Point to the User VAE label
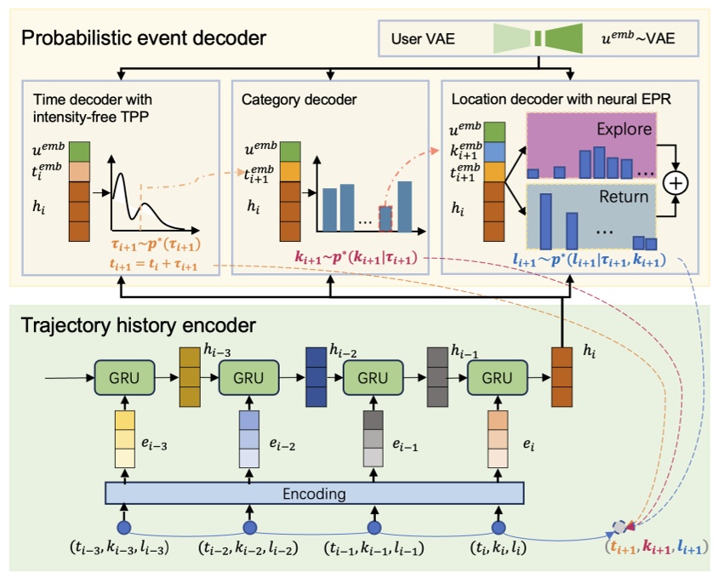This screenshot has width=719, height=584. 423,38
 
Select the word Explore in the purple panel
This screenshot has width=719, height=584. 625,130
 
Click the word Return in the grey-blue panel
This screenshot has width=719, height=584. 625,197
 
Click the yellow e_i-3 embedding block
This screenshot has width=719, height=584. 124,438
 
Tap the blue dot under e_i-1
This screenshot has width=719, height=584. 373,525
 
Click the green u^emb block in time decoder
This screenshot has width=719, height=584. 79,151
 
